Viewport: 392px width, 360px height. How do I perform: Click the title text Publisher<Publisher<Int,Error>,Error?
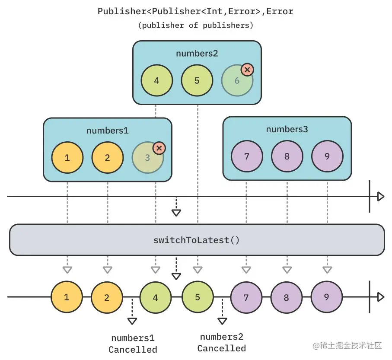tap(195, 11)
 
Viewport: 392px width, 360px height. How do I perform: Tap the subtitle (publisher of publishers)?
tap(195, 25)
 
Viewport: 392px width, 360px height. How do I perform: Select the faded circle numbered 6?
tap(237, 81)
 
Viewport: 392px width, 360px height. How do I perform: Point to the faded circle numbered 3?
tap(147, 158)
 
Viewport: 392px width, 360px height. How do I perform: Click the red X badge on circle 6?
tap(247, 70)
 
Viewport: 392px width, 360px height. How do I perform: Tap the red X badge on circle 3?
tap(159, 148)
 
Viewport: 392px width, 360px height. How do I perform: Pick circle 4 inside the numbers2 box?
tap(156, 81)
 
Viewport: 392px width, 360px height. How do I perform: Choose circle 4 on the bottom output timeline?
tap(155, 297)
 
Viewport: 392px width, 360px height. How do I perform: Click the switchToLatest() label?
tap(196, 240)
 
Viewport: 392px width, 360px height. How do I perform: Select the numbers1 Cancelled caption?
tap(133, 344)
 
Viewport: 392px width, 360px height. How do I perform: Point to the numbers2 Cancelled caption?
tap(222, 343)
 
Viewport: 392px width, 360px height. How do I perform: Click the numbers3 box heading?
tap(287, 129)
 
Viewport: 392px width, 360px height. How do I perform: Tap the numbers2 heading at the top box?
tap(197, 54)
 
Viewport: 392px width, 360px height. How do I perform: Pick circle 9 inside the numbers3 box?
tap(327, 156)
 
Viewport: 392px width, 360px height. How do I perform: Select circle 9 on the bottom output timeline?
tap(326, 297)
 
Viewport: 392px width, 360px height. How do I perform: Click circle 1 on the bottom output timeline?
tap(67, 297)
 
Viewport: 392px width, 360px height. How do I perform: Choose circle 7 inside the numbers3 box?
tap(247, 156)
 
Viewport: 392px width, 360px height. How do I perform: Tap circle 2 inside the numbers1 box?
tap(107, 158)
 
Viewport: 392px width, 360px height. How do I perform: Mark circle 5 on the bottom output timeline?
tap(198, 297)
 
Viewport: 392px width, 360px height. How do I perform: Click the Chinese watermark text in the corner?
tap(349, 345)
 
